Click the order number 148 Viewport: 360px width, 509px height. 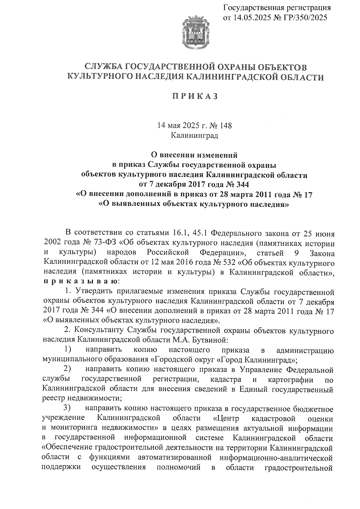click(x=226, y=125)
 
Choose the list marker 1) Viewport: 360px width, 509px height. click(x=68, y=349)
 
